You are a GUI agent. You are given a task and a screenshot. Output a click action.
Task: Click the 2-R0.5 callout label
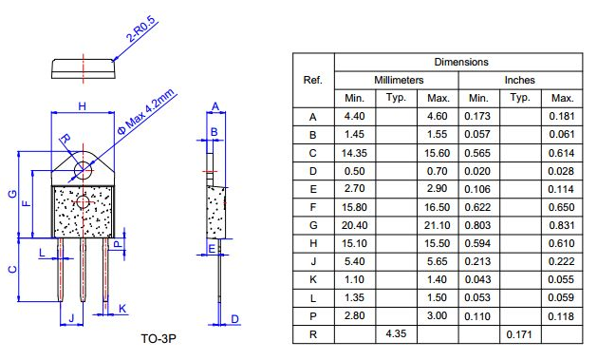pos(141,29)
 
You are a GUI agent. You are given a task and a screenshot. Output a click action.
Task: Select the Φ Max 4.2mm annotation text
pos(146,112)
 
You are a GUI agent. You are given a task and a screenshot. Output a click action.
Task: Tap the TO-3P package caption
pos(159,338)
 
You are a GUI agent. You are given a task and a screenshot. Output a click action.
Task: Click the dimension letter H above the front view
pos(83,106)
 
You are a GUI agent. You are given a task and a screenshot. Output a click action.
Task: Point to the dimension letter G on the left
pos(12,194)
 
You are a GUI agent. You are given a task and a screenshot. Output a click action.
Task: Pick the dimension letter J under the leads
pos(71,318)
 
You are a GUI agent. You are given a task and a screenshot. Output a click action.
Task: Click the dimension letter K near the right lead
pos(122,309)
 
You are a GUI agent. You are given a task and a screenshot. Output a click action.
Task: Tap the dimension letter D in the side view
pos(235,319)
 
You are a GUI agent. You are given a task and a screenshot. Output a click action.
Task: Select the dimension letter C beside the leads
pos(12,269)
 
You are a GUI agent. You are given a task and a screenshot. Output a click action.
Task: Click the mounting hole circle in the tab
pos(83,170)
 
